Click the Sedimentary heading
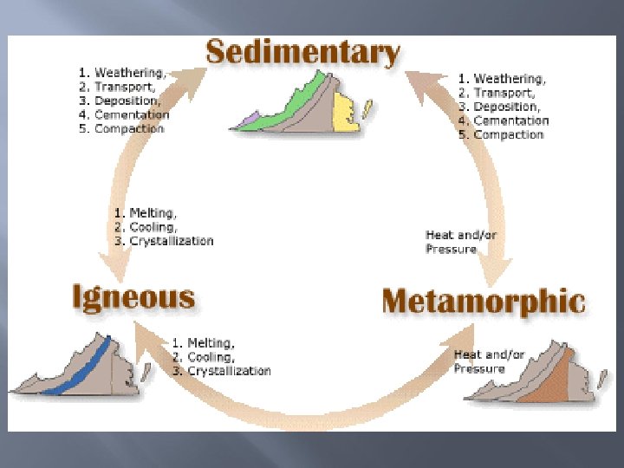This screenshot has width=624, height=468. tap(302, 53)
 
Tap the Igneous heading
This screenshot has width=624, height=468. tap(133, 298)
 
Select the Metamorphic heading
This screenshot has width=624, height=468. tap(483, 302)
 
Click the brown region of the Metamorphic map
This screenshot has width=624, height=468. tap(555, 381)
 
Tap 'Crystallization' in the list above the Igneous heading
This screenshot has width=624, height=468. tap(171, 241)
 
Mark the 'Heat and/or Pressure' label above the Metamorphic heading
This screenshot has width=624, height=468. tap(460, 242)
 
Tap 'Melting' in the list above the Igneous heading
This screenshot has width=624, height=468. tap(153, 212)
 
